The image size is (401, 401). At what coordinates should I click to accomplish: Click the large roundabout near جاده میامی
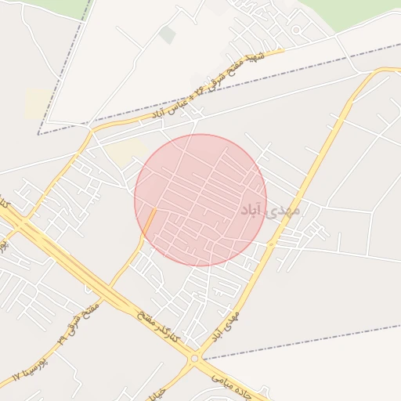[193, 359]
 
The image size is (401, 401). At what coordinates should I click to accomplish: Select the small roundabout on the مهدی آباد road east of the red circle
[272, 244]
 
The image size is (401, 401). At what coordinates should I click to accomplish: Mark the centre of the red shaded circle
[200, 200]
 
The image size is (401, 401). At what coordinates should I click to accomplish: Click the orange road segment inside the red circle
[149, 222]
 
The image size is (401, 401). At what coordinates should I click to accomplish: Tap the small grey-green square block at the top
[167, 34]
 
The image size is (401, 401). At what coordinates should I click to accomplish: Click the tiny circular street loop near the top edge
[296, 31]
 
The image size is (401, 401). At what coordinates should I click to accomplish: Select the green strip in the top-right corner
[352, 12]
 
